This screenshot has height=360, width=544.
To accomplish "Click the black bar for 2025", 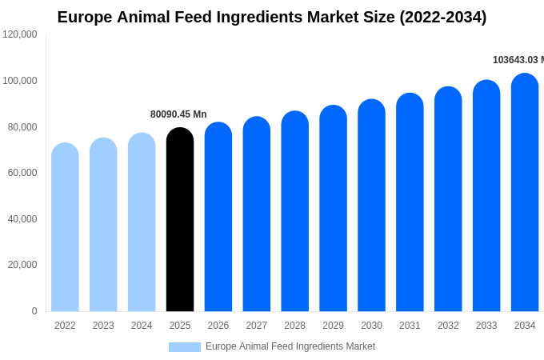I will click(180, 220).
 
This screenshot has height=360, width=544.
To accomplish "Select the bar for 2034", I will click(525, 193).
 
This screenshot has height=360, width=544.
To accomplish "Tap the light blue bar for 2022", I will click(65, 227).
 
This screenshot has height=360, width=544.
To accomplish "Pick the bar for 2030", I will click(371, 206).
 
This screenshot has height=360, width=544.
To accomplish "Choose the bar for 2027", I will click(257, 214).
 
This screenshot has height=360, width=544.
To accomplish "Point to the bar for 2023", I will click(103, 225).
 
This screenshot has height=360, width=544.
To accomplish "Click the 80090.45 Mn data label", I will click(178, 114).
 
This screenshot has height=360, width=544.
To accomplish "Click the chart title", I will click(272, 17).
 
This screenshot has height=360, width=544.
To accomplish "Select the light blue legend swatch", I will click(184, 347).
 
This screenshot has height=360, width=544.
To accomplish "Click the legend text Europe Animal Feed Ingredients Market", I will click(290, 346).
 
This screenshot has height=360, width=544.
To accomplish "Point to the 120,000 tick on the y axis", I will click(20, 34).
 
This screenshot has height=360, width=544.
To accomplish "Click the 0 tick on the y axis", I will click(34, 311).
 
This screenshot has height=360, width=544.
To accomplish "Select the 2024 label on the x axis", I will click(142, 326).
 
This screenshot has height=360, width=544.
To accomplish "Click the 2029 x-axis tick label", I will click(333, 326).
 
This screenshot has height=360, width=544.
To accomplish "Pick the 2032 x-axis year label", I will click(448, 326).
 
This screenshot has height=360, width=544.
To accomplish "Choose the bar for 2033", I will click(486, 196).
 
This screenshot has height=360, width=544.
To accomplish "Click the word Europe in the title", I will click(85, 17).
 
